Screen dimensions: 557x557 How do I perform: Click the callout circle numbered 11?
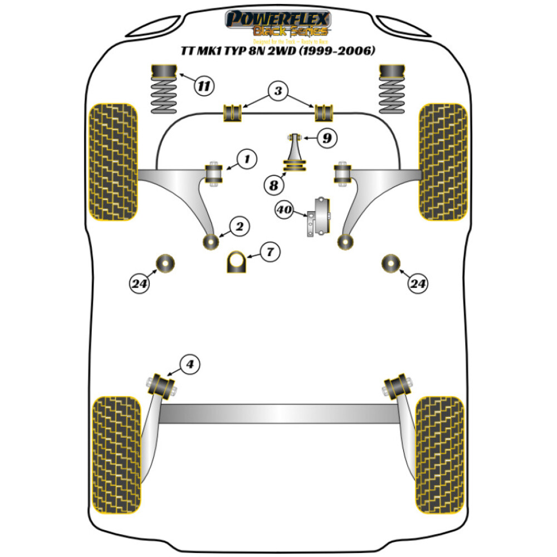tap(204, 86)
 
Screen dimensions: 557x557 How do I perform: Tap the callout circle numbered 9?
tap(327, 138)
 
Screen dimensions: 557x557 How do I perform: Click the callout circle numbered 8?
tap(273, 184)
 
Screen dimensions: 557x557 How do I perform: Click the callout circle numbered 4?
tap(190, 365)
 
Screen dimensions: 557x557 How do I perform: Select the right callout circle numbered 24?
tap(418, 285)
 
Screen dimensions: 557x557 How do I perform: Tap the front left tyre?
tap(113, 162)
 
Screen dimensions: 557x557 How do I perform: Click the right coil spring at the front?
tap(393, 89)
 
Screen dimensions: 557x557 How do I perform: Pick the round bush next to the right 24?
tap(392, 262)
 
